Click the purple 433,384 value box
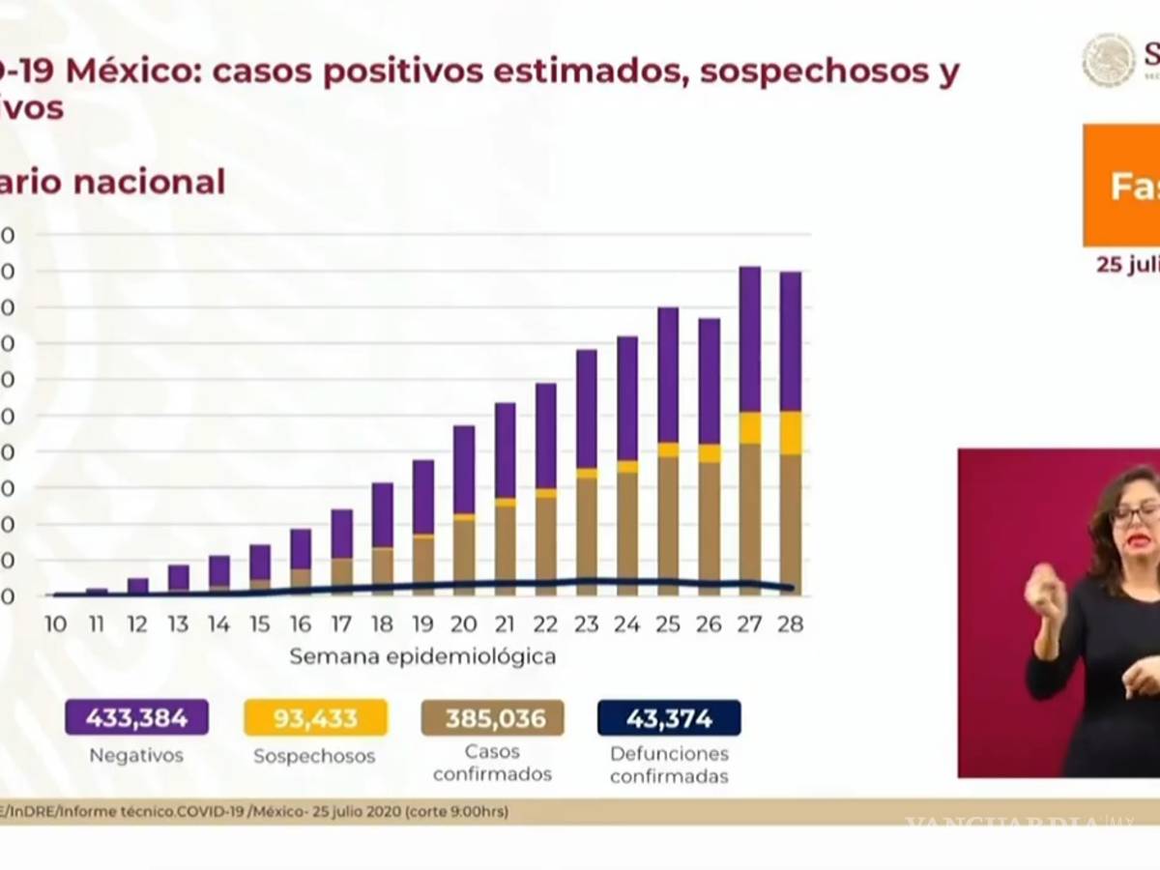click(x=136, y=718)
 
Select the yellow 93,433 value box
click(x=315, y=718)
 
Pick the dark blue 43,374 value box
click(x=669, y=718)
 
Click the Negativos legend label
click(x=136, y=756)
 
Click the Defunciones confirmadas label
click(x=669, y=765)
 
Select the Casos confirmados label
click(x=493, y=763)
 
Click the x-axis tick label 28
click(x=790, y=624)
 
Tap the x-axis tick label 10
click(x=55, y=624)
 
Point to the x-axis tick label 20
click(x=463, y=624)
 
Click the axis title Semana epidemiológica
click(x=422, y=657)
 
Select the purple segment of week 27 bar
click(x=750, y=338)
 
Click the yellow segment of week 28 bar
click(x=791, y=432)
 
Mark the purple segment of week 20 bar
click(x=464, y=469)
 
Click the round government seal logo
click(x=1109, y=60)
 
